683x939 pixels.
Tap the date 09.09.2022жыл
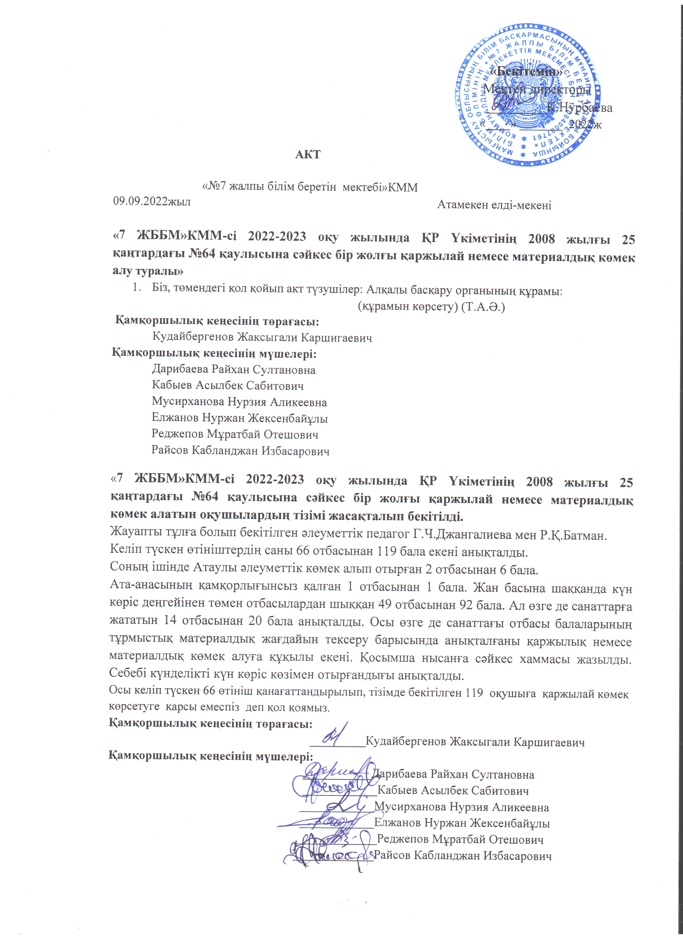pyautogui.click(x=152, y=202)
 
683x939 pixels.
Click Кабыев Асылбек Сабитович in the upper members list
pyautogui.click(x=228, y=386)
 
